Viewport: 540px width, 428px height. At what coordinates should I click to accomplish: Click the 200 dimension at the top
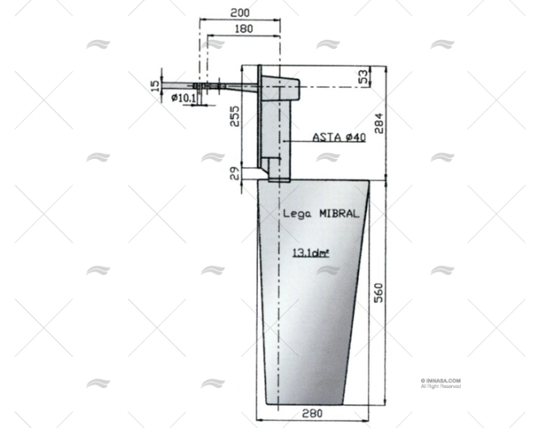(x=239, y=13)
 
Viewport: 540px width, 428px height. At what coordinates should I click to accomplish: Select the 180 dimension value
(x=242, y=29)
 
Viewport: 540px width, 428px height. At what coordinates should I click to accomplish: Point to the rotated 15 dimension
(x=156, y=85)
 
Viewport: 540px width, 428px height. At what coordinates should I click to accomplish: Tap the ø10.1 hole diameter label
(x=184, y=99)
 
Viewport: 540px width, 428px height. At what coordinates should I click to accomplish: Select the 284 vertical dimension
(x=378, y=122)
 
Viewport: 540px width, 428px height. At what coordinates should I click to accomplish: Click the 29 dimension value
(x=233, y=172)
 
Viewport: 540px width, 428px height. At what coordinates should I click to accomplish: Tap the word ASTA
(x=327, y=138)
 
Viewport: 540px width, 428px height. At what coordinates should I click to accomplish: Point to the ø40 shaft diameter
(x=356, y=138)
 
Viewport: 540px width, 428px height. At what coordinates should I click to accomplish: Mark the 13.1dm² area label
(x=311, y=253)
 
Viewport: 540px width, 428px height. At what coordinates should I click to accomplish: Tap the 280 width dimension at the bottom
(x=312, y=414)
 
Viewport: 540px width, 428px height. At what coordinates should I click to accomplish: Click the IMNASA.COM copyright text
(x=441, y=380)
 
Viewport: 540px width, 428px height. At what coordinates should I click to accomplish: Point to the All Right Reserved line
(x=441, y=386)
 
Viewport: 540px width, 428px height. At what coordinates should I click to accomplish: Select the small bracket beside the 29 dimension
(x=255, y=173)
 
